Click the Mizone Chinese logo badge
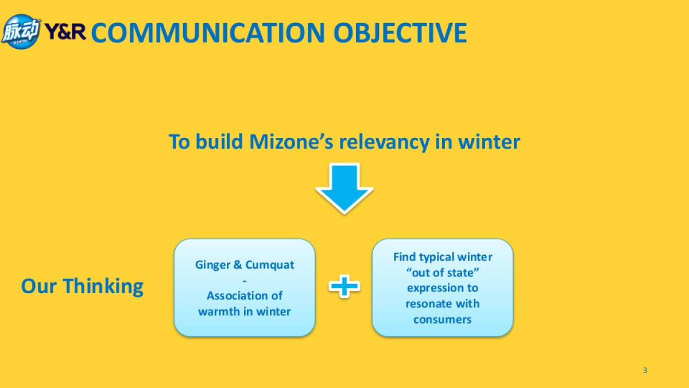tap(21, 32)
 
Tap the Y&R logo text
tap(65, 32)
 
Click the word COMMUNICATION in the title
tap(208, 33)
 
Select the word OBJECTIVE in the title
tap(400, 33)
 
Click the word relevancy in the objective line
tap(385, 143)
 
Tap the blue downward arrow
tap(344, 189)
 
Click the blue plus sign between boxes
tap(344, 286)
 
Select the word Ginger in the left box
tap(212, 266)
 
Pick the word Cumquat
tap(270, 265)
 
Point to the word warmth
tap(219, 312)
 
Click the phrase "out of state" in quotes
tap(443, 272)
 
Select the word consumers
tap(442, 320)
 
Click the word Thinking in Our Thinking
tap(103, 287)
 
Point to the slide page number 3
tap(645, 370)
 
